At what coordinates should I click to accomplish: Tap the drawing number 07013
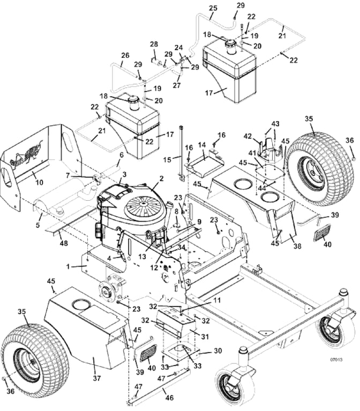[x=336, y=359]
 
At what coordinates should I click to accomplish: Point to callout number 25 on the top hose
[x=213, y=9]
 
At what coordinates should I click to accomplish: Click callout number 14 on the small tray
[x=202, y=144]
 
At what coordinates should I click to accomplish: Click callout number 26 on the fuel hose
[x=125, y=55]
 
